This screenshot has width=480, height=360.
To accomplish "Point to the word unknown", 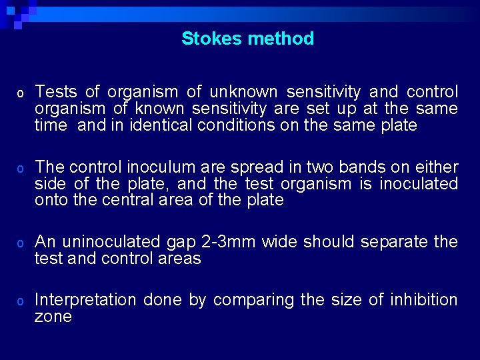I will (x=243, y=92).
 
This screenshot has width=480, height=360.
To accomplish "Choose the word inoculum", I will (x=150, y=167).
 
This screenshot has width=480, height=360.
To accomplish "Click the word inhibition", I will (x=425, y=301).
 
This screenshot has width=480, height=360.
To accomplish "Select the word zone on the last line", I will (x=53, y=317).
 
